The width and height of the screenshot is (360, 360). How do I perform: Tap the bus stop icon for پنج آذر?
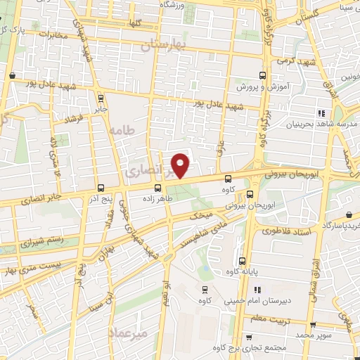(x=101, y=188)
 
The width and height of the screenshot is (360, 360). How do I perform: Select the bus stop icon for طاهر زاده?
(x=157, y=188)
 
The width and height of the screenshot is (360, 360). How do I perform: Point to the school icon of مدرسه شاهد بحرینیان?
(x=321, y=113)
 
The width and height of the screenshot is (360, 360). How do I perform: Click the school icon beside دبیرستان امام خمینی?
(x=257, y=289)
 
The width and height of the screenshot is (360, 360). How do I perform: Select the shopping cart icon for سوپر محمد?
(x=313, y=325)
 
